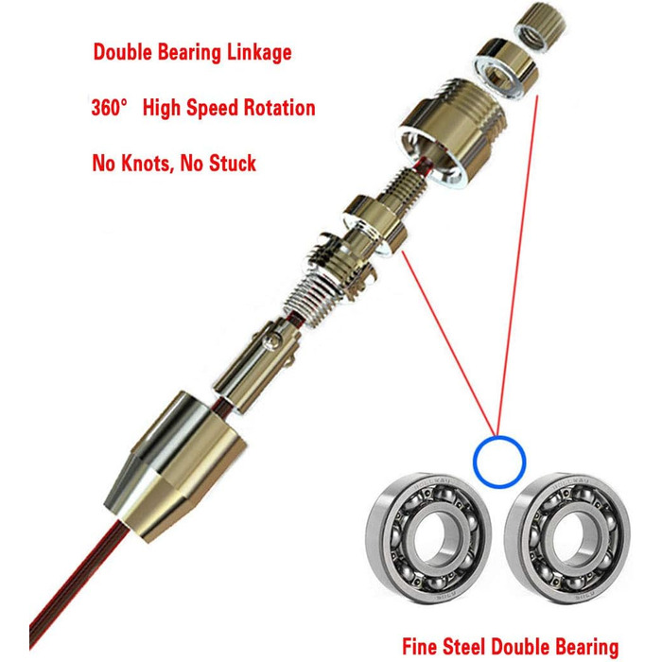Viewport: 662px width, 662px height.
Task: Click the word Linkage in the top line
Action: click(x=259, y=53)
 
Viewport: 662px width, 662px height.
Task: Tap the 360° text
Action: click(x=109, y=107)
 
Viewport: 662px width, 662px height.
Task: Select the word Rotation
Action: click(x=280, y=107)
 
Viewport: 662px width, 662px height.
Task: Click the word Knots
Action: click(x=148, y=163)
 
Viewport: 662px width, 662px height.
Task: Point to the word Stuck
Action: click(x=233, y=163)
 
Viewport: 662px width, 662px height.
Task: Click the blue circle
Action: click(x=499, y=437)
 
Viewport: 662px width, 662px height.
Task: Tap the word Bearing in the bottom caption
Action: click(x=586, y=647)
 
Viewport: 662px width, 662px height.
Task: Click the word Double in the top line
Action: click(x=122, y=52)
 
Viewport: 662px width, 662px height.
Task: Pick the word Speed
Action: click(x=213, y=108)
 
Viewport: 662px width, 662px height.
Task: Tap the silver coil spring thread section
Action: click(x=311, y=296)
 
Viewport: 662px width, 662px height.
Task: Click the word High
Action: click(x=162, y=108)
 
